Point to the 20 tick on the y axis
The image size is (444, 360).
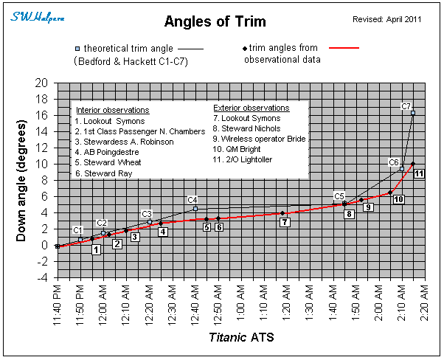coord(43,83)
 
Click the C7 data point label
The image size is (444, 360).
coord(406,106)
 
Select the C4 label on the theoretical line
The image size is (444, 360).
coord(192,200)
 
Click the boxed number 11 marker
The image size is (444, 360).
coord(419,173)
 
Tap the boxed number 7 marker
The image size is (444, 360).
coord(285,222)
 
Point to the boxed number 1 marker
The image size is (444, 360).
coord(96,249)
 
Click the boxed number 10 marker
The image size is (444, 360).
coord(398,199)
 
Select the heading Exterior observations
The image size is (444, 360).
coord(252,108)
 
